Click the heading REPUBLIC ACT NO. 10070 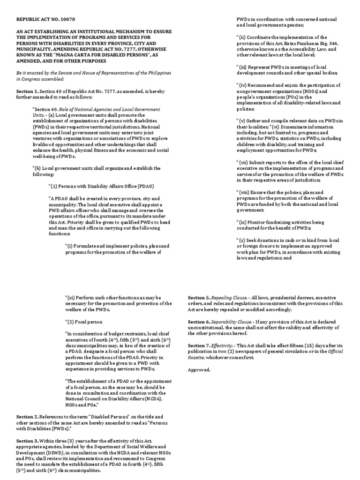45,19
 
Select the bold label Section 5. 199,298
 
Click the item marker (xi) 72,298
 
